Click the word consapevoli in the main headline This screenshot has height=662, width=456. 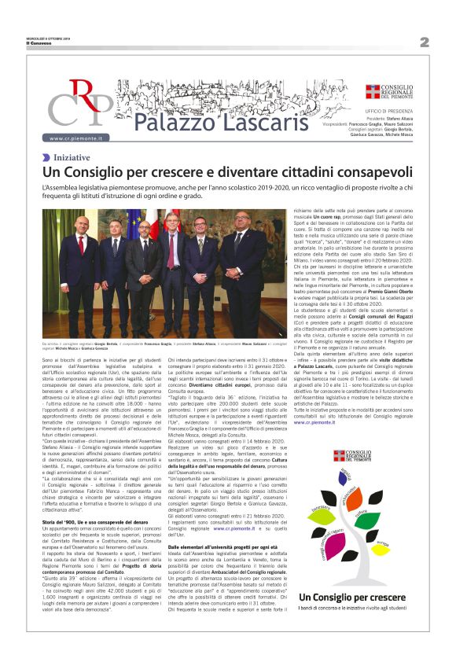pyautogui.click(x=358, y=173)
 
